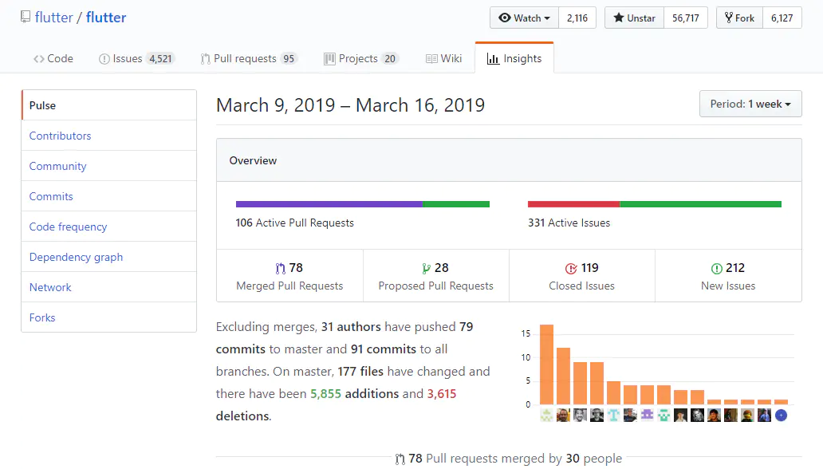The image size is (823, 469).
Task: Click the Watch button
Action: (x=524, y=18)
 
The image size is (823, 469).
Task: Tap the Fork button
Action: (x=739, y=18)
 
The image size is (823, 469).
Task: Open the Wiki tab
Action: (x=443, y=58)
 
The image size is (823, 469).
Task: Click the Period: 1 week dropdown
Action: (x=750, y=104)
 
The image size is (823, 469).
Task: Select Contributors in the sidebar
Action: (x=61, y=136)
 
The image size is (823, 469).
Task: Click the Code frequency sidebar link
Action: (x=68, y=227)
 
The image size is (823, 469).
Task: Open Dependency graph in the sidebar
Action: (x=76, y=257)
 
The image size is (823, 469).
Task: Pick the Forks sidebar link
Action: (x=42, y=317)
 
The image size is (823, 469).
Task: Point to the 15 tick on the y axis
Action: (x=526, y=333)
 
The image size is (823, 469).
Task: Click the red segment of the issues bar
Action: (x=573, y=204)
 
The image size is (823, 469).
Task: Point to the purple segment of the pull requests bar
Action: (x=329, y=204)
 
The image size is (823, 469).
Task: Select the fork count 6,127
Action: (x=782, y=18)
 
